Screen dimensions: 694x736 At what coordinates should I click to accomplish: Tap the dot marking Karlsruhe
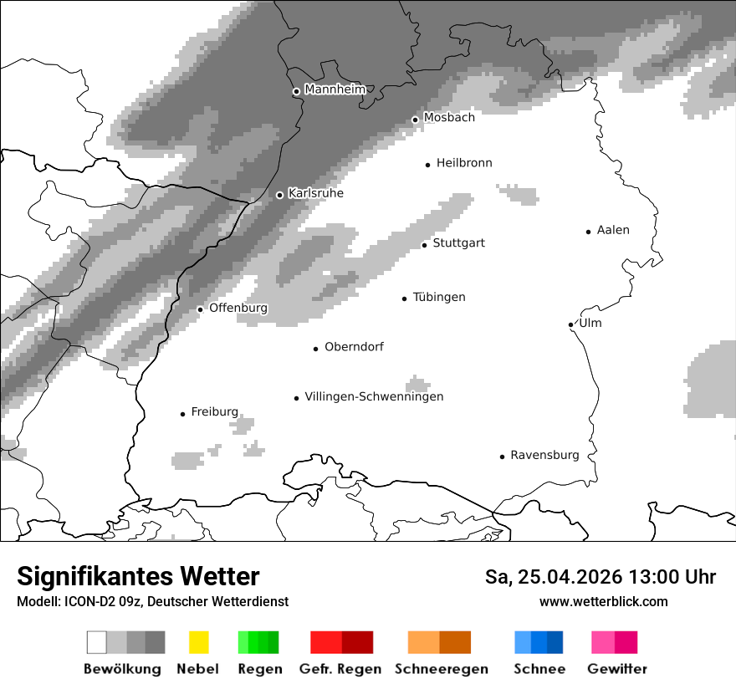[x=280, y=195]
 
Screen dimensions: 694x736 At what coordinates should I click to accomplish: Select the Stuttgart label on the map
[x=458, y=243]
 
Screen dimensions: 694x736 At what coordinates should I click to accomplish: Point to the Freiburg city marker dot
[x=182, y=414]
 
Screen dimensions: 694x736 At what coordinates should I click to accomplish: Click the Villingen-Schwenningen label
[x=374, y=396]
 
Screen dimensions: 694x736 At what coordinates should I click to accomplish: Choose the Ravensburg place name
[x=544, y=455]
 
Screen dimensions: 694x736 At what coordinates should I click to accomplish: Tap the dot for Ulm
[x=570, y=324]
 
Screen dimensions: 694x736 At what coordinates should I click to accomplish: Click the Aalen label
[x=613, y=230]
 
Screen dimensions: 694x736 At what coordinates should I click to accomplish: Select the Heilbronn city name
[x=464, y=163]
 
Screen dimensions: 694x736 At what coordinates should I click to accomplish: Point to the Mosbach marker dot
[x=415, y=120]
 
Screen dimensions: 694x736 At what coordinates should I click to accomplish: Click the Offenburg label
[x=238, y=308]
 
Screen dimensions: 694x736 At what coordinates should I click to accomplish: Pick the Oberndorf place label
[x=354, y=347]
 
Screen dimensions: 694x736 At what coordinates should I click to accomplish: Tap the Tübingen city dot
[x=405, y=299]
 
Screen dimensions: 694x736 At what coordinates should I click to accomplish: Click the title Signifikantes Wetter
[x=138, y=576]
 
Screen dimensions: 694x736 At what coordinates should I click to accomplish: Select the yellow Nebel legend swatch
[x=198, y=642]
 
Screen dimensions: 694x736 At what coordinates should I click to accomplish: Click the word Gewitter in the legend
[x=617, y=669]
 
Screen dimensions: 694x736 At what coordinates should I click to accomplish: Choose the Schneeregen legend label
[x=441, y=669]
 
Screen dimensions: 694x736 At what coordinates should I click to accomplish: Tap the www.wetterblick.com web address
[x=604, y=601]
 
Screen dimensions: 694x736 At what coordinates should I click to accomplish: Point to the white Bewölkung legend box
[x=97, y=642]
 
